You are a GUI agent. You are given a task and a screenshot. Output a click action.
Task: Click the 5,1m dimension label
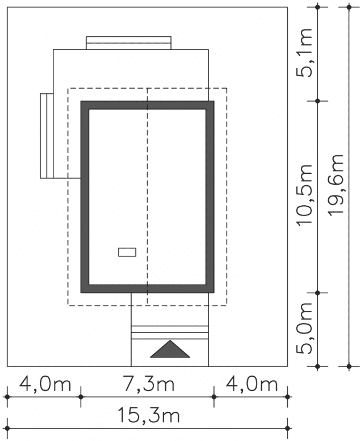[x=304, y=53]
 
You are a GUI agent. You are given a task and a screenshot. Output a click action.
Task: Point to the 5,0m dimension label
[x=304, y=328]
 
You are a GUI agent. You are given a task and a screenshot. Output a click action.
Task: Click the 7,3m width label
[x=149, y=384]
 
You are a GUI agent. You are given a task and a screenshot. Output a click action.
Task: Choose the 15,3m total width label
[x=148, y=415]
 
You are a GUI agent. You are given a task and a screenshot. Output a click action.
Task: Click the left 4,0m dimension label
[x=45, y=384]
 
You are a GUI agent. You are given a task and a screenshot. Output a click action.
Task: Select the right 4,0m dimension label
[x=252, y=384]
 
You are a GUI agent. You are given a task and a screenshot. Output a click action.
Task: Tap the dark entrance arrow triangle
[x=170, y=349]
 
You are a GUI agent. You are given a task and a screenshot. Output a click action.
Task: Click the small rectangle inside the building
[x=127, y=252]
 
